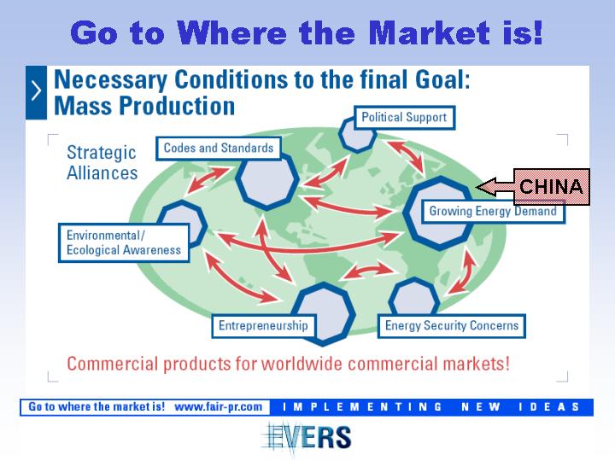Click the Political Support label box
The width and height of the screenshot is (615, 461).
point(404,118)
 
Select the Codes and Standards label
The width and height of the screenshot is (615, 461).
point(219,149)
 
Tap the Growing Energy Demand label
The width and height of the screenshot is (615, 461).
point(493,212)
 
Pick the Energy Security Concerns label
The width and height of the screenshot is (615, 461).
point(452,326)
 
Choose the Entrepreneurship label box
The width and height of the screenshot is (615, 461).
point(264,326)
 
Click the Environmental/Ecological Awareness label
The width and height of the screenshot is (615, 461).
point(124,242)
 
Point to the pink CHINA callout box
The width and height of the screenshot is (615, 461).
point(551,187)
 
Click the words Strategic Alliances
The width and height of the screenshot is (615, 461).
point(102,163)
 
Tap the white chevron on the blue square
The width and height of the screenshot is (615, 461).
point(36,92)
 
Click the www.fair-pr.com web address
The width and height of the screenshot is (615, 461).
point(218,406)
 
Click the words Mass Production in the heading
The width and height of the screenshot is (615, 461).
point(144,106)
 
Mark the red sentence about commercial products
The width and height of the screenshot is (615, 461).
point(289,364)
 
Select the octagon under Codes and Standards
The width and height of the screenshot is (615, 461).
point(266,181)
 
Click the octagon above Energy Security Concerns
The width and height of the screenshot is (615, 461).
point(414,297)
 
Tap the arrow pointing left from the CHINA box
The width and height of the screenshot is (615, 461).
point(495,187)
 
